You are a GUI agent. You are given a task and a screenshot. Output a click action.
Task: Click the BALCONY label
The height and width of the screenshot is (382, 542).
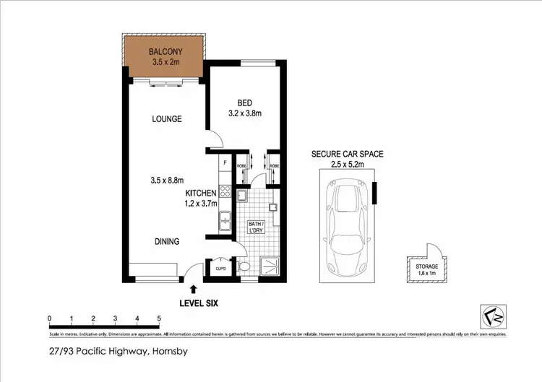pyautogui.click(x=165, y=52)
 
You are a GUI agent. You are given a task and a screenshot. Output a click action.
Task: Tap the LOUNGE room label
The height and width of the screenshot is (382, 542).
pyautogui.click(x=165, y=118)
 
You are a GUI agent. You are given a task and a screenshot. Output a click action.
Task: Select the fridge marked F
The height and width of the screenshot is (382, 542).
pyautogui.click(x=225, y=162)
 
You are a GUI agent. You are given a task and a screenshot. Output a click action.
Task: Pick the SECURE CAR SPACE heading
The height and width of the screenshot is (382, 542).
pyautogui.click(x=347, y=155)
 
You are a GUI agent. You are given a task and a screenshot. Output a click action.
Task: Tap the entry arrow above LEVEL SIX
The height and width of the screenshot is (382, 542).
pyautogui.click(x=192, y=290)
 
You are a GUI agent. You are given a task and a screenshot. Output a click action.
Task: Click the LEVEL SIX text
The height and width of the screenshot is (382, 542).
pyautogui.click(x=200, y=303)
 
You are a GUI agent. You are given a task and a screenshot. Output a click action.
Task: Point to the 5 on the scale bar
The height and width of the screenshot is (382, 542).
pyautogui.click(x=158, y=318)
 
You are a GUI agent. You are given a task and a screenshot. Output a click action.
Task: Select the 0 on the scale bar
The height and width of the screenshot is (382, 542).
pyautogui.click(x=49, y=318)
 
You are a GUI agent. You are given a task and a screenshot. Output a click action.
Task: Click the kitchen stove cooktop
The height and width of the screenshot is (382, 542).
pyautogui.click(x=225, y=192)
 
